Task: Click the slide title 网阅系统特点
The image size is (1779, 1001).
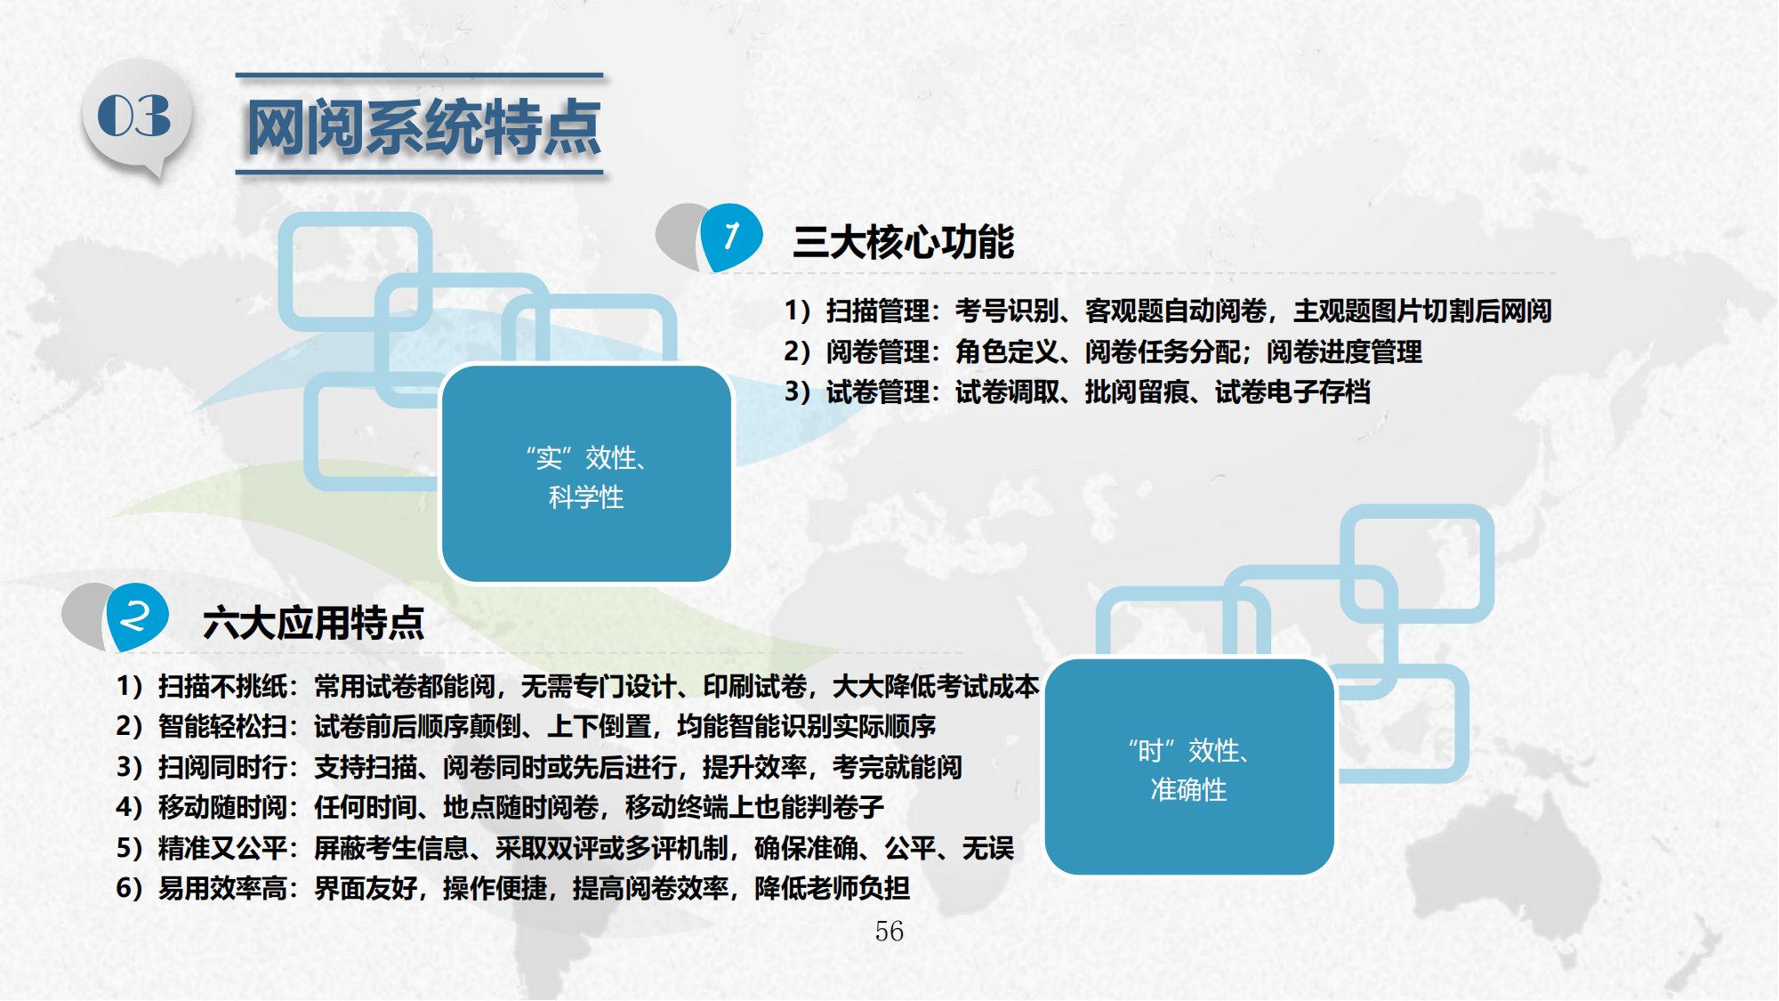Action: pos(423,126)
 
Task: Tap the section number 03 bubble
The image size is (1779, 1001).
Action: pos(137,117)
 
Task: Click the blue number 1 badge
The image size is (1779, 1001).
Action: pos(731,237)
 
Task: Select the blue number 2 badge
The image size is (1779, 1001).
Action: pos(136,616)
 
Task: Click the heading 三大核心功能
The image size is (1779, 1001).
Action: pos(904,242)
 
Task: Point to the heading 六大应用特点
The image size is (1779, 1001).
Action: pos(313,623)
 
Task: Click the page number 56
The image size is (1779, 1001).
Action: pos(889,932)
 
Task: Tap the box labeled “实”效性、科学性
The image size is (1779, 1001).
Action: pos(586,474)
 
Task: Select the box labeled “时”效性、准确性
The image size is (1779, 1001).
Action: pos(1189,767)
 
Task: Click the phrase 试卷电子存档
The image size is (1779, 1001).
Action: pos(1292,392)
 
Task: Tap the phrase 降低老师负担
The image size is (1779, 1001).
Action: pos(832,888)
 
